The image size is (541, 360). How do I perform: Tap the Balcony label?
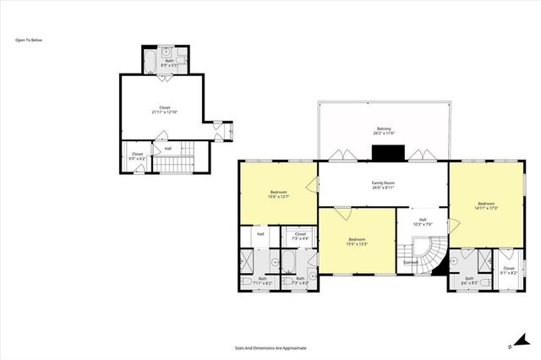click(x=385, y=132)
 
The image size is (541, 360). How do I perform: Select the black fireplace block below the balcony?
click(x=388, y=153)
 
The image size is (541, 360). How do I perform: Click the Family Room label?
click(x=383, y=185)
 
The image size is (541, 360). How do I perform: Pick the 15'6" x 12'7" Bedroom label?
click(x=279, y=195)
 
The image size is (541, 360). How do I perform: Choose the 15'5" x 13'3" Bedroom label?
click(x=358, y=242)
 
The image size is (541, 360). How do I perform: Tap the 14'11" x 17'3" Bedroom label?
click(x=484, y=205)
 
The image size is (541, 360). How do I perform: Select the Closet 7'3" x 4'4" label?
click(x=300, y=236)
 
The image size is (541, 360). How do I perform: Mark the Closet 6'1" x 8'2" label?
click(x=508, y=247)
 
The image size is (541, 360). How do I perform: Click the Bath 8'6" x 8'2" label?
click(x=469, y=280)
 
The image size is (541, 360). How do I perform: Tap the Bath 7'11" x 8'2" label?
click(x=262, y=280)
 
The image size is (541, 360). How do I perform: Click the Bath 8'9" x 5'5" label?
click(x=169, y=61)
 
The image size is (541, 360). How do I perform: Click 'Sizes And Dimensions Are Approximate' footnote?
click(x=270, y=347)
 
